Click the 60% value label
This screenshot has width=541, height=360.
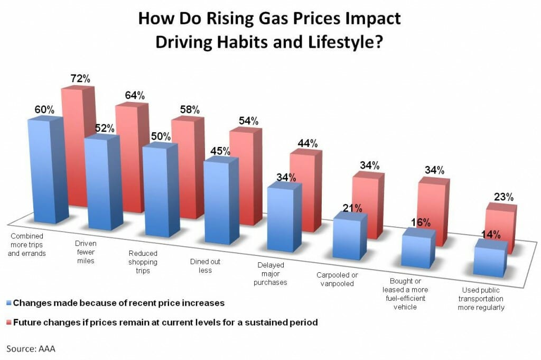tap(45, 110)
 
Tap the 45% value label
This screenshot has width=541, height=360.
tap(220, 151)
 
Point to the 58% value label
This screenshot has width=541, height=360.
tap(189, 109)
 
